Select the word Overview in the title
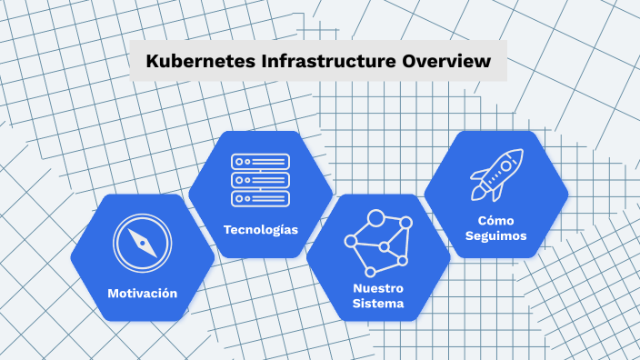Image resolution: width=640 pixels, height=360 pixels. point(445,62)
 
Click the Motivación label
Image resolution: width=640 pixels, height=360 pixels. point(142,293)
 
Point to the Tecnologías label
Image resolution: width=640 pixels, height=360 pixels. point(261,229)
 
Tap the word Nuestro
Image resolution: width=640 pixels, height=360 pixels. point(378,288)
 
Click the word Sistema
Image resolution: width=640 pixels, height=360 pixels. point(378,304)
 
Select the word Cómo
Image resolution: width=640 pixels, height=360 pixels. point(496,220)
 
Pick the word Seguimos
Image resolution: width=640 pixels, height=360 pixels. point(496,236)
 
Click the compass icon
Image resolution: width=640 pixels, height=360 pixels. point(142,244)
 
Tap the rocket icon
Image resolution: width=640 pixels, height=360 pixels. point(496,175)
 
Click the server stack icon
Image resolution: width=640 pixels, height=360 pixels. point(261,179)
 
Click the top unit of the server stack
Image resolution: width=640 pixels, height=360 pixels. point(261,161)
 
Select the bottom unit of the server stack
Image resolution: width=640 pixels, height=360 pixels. point(261,197)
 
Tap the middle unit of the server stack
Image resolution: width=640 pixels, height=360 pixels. point(261,179)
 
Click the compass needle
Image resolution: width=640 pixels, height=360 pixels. point(142,244)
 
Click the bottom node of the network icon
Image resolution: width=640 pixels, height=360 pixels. point(369,272)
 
